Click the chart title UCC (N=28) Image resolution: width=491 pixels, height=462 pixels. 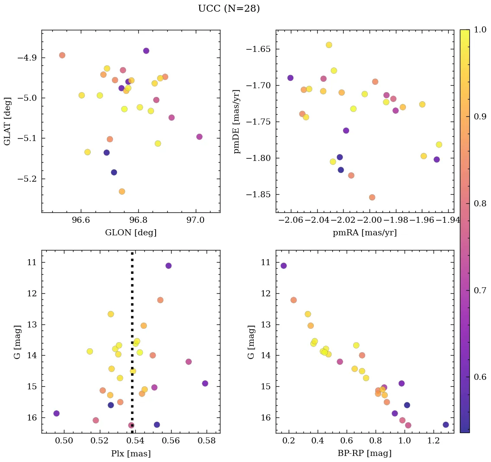[229, 9]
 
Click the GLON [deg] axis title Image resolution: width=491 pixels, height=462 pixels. [131, 233]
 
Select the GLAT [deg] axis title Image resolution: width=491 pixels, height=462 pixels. [7, 121]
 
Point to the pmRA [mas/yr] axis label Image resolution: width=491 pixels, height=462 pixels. [364, 233]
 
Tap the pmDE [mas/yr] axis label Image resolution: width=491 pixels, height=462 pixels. [237, 121]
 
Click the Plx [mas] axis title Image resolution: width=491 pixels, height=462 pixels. [131, 454]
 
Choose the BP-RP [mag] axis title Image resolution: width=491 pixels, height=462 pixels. [364, 454]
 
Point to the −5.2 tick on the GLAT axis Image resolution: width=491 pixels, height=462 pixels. [27, 179]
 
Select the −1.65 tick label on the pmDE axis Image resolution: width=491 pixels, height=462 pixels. [258, 49]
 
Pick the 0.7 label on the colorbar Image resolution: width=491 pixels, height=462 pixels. [480, 290]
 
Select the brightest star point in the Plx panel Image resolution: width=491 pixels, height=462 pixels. [168, 266]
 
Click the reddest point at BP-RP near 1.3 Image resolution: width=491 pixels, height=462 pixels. [446, 425]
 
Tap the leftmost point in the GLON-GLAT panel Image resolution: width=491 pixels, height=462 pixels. [62, 55]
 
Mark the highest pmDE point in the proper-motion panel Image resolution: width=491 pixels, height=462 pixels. [329, 45]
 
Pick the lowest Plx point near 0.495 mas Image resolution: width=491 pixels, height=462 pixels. [56, 414]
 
